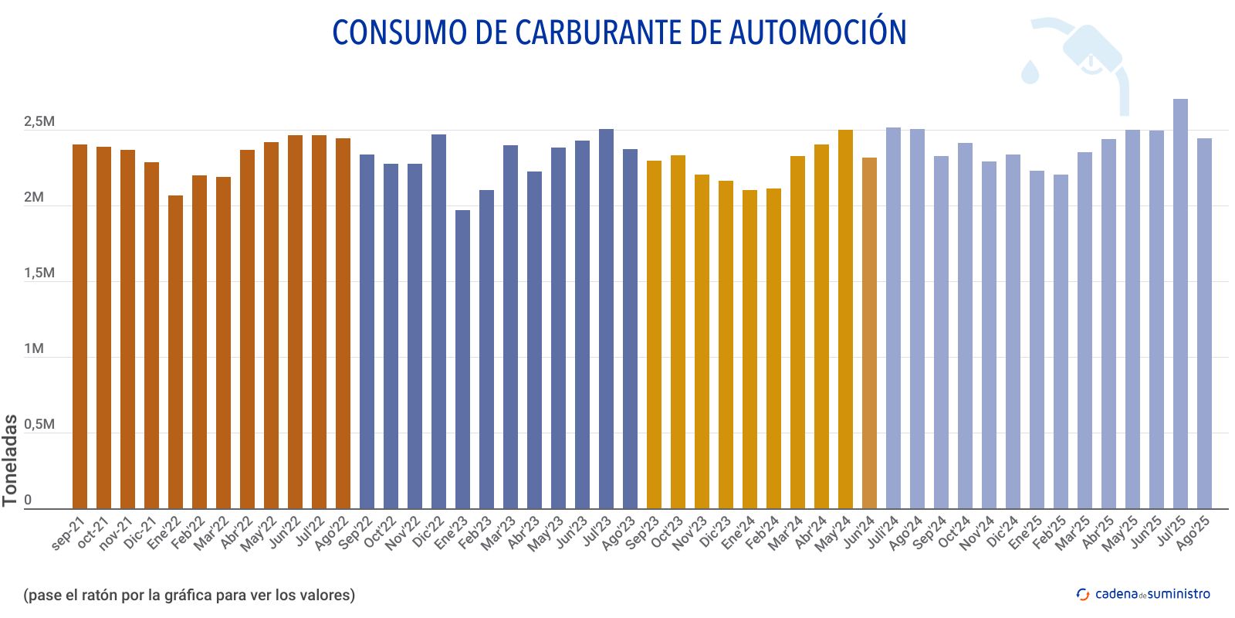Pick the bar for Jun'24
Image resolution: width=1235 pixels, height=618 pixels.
(869, 333)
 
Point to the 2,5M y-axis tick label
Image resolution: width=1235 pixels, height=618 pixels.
(39, 122)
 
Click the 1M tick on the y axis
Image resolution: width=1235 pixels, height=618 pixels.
(34, 349)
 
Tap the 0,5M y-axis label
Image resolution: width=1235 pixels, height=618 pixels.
(39, 425)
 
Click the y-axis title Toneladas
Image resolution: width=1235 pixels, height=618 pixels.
(10, 460)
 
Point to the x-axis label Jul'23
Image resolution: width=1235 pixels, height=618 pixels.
(596, 531)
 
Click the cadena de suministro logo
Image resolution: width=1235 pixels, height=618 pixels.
(1143, 593)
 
